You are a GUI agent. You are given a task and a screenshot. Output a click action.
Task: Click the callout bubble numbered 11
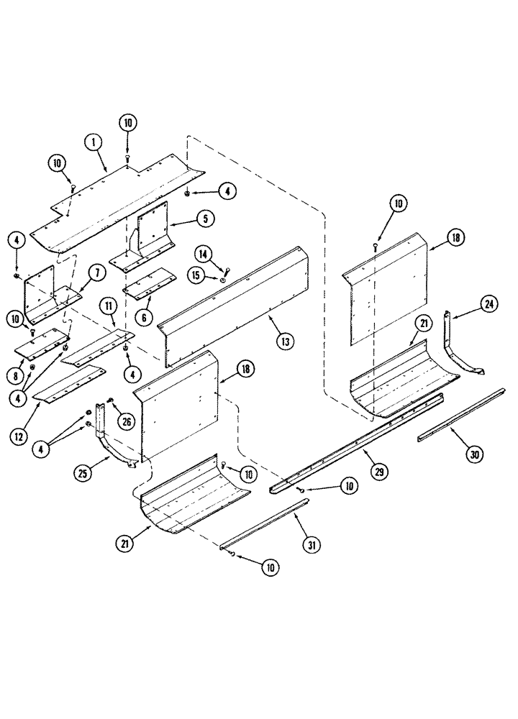tap(108, 306)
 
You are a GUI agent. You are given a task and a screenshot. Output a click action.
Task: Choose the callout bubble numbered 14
tap(202, 254)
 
